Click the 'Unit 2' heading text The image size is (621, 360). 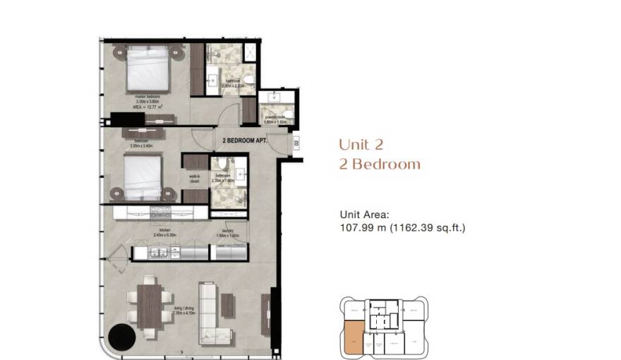361,145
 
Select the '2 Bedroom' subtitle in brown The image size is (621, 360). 379,165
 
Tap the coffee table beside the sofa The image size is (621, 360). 228,304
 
